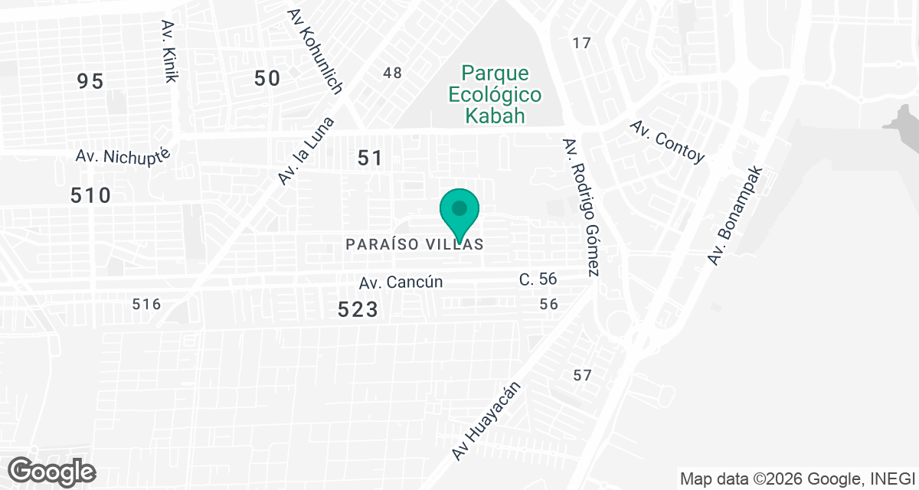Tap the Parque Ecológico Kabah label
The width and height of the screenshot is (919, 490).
pyautogui.click(x=495, y=95)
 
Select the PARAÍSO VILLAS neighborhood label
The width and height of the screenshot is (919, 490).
pyautogui.click(x=414, y=244)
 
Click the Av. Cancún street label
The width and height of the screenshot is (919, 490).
pyautogui.click(x=401, y=282)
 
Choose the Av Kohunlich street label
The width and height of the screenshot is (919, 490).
pyautogui.click(x=314, y=51)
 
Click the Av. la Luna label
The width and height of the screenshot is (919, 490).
pyautogui.click(x=307, y=151)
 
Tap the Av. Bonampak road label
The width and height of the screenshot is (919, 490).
pyautogui.click(x=735, y=216)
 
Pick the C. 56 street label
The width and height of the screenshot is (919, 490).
pyautogui.click(x=538, y=279)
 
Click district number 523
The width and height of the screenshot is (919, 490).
pyautogui.click(x=358, y=309)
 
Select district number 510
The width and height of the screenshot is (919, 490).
pyautogui.click(x=90, y=195)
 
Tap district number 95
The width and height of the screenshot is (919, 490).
pyautogui.click(x=90, y=81)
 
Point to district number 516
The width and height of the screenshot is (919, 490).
pyautogui.click(x=146, y=304)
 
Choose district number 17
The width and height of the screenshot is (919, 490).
pyautogui.click(x=582, y=43)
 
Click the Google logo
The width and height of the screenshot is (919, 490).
pyautogui.click(x=53, y=470)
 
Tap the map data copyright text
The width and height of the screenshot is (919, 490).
pyautogui.click(x=797, y=479)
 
